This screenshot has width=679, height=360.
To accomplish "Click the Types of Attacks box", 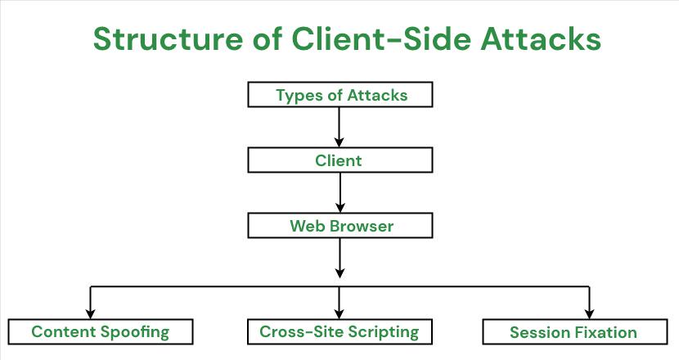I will tap(339, 96).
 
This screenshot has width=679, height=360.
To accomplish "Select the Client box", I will tap(339, 160).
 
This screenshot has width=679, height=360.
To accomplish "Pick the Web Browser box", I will tap(339, 226).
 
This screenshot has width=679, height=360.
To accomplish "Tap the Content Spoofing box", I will tap(101, 331).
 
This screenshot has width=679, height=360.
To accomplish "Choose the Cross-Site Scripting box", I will tap(339, 331).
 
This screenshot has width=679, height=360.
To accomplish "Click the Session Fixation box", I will tap(573, 332).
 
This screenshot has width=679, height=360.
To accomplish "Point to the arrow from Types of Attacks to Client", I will tap(339, 127).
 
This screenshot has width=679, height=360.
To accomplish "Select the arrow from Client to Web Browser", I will tap(339, 192).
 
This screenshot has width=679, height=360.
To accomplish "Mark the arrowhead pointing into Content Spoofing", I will tap(91, 312).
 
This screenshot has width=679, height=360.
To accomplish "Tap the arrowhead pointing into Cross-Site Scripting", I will tap(339, 312).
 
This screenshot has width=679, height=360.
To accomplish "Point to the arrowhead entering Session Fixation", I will tap(588, 312).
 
